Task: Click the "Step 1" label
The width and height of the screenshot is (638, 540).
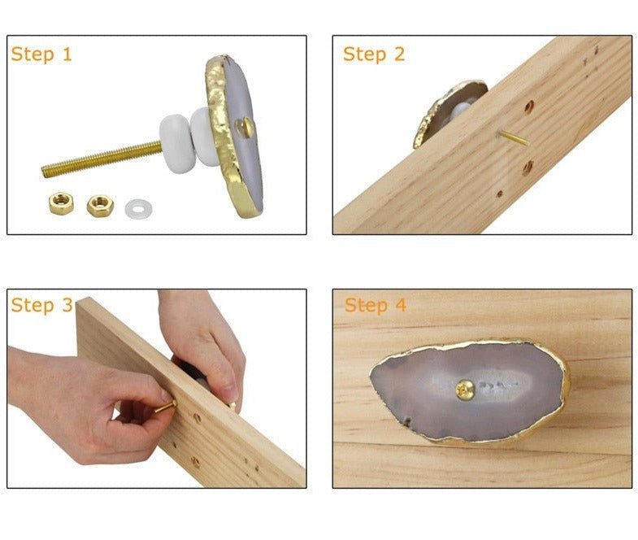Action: [41, 54]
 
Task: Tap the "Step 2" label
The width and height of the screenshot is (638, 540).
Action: [374, 54]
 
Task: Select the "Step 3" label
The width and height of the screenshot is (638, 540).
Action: [42, 306]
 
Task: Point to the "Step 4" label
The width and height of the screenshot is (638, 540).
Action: [375, 306]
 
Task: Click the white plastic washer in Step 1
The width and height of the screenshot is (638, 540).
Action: [138, 208]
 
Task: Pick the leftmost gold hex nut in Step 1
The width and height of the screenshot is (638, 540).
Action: [61, 203]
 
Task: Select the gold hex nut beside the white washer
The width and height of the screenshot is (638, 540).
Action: [100, 206]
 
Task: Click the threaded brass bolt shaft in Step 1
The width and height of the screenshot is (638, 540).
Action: [102, 159]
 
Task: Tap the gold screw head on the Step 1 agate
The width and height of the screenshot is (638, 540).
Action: [245, 128]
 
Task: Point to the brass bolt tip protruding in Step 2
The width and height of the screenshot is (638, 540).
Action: [514, 138]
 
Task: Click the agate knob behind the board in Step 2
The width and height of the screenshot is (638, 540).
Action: [448, 112]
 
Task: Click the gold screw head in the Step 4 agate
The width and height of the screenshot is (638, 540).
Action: [465, 390]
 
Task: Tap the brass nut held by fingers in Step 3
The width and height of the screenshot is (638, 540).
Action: [166, 407]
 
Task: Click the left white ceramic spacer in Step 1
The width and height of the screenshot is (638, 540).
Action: [177, 143]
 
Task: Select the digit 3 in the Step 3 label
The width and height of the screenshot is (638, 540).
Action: [67, 305]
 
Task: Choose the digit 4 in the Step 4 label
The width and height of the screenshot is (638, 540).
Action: [401, 305]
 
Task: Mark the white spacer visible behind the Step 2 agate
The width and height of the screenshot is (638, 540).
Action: [462, 109]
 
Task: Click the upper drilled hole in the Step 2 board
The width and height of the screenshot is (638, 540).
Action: [529, 107]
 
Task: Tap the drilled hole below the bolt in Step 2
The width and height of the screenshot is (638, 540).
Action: [527, 168]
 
